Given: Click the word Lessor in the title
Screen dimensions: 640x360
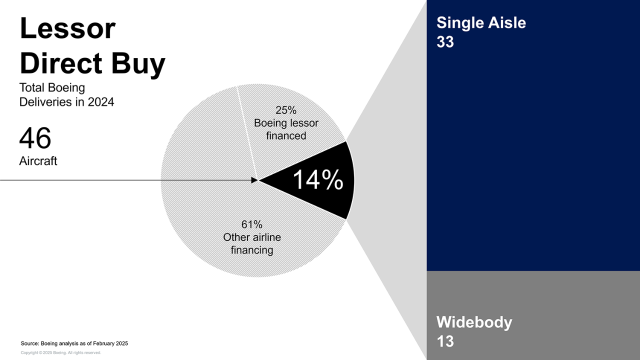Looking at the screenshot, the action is coord(67,28).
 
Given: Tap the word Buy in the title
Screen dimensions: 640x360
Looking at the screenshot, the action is coord(138,64).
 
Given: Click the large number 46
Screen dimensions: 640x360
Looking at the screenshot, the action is coord(35,138).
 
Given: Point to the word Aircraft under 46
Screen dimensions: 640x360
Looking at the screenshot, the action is coord(38,161).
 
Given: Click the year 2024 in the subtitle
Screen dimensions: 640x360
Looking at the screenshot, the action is coord(101,102).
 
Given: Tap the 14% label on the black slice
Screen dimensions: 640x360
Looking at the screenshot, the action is coord(318,179).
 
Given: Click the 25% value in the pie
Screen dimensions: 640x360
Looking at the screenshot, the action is coord(285,110).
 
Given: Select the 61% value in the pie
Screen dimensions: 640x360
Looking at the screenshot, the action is coord(251,224).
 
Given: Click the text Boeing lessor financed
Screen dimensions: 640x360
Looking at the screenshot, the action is coord(286,129).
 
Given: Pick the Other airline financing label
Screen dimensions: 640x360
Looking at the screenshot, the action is coord(252,243).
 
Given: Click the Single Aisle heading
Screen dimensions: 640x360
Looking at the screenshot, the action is coord(481,22).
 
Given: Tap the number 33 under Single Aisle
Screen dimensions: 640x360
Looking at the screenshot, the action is coord(445,41).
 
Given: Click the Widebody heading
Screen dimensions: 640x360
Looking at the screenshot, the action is coord(474,322).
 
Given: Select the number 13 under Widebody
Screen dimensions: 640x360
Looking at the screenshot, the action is coord(445,341).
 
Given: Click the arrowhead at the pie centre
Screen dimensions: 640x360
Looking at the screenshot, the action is coord(254,180).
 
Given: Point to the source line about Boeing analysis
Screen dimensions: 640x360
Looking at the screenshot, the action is coord(74,343).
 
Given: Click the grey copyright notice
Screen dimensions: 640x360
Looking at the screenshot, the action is coord(61,353).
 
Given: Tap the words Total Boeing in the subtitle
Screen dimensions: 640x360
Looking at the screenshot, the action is coord(52,87).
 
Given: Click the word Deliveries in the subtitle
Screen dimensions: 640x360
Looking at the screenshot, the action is coord(46,102).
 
